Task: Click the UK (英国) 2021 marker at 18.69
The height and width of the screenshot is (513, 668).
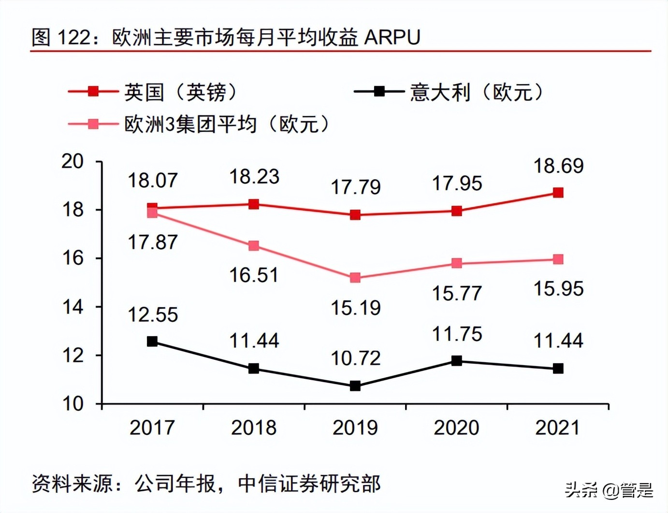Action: (x=558, y=193)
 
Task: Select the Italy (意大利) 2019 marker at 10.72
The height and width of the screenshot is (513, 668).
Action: (x=355, y=386)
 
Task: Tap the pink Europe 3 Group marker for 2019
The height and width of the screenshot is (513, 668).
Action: (x=355, y=278)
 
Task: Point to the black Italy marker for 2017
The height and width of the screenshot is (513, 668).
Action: (x=152, y=342)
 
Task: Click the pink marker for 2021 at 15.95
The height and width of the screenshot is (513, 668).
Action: (x=558, y=259)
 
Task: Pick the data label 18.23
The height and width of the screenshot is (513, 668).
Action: (x=254, y=177)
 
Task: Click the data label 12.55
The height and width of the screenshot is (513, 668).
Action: (x=153, y=315)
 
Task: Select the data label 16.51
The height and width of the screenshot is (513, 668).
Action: (x=254, y=275)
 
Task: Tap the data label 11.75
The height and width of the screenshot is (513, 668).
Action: (x=457, y=334)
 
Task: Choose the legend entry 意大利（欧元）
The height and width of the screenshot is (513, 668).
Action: (x=476, y=92)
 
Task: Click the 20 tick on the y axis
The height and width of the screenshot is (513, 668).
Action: (x=73, y=161)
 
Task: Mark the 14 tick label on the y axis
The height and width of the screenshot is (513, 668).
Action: (x=73, y=307)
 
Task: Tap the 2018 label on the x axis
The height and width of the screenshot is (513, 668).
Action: (x=254, y=428)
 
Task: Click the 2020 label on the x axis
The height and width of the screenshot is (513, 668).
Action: (x=456, y=428)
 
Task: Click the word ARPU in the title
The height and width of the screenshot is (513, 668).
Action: (x=392, y=38)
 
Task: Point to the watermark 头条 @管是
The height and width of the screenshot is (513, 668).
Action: (x=609, y=491)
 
